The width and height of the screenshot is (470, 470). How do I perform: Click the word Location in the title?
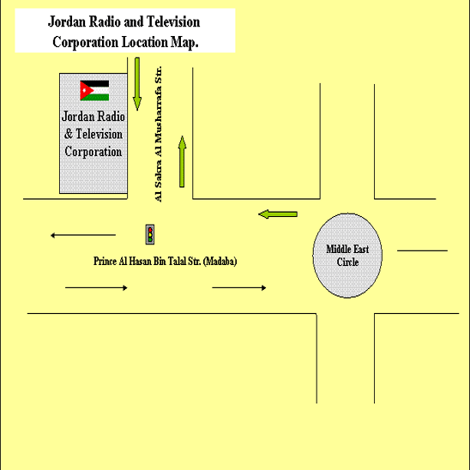(145, 42)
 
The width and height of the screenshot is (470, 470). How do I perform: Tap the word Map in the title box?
(184, 42)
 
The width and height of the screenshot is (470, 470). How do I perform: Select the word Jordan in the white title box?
(67, 22)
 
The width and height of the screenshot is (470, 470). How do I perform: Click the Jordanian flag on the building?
(94, 90)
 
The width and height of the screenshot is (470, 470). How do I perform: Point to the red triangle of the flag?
(85, 90)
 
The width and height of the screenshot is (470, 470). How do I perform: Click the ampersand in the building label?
(69, 134)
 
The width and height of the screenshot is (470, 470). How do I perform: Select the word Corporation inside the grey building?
(93, 151)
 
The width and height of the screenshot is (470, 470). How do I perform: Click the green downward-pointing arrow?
(137, 84)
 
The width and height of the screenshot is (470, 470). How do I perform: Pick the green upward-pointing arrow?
(182, 161)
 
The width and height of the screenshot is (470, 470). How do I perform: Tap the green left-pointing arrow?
(278, 214)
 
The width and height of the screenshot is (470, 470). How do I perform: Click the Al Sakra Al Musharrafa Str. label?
(159, 134)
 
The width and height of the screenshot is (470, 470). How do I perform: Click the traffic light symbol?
(150, 234)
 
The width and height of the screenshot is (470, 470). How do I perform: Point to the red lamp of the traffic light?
(150, 230)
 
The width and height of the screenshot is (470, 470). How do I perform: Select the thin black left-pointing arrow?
(83, 235)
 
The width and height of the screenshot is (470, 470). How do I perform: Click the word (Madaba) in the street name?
(220, 262)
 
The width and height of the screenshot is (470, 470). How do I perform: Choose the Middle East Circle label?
(347, 256)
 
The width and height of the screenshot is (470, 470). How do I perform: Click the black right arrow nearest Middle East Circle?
(239, 288)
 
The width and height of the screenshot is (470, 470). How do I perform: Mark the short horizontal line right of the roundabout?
(422, 250)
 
